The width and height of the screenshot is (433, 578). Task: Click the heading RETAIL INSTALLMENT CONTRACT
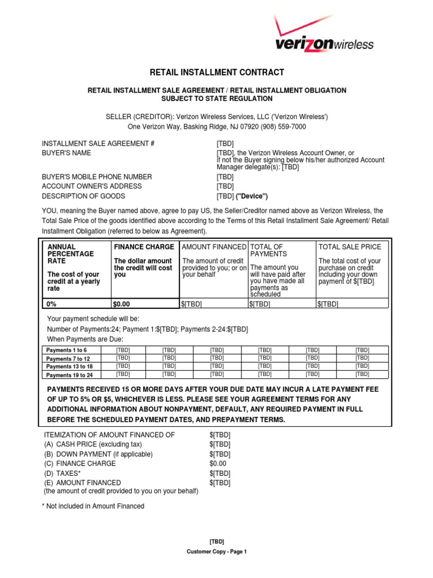coord(216,72)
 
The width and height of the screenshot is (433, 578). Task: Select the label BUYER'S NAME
coord(67,153)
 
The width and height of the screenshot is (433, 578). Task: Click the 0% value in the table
coord(52,304)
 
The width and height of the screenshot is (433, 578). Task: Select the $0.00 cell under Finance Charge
coord(122,304)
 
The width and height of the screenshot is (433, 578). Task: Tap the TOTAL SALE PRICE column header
coord(350,247)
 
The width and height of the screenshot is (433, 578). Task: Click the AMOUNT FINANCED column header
coord(213,247)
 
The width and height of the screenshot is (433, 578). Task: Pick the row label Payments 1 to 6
coord(67,351)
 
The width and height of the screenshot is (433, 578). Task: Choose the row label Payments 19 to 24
coord(69,375)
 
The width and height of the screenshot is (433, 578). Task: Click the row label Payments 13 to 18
coord(69,366)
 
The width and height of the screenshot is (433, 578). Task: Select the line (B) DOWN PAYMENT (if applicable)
coord(98,454)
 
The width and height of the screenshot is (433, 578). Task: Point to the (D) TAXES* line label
coord(63,473)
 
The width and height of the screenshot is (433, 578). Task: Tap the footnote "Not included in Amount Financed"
coord(95,506)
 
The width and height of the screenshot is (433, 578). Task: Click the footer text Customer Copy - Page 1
coord(216,551)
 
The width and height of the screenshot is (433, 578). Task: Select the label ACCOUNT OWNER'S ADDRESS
coord(92,186)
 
